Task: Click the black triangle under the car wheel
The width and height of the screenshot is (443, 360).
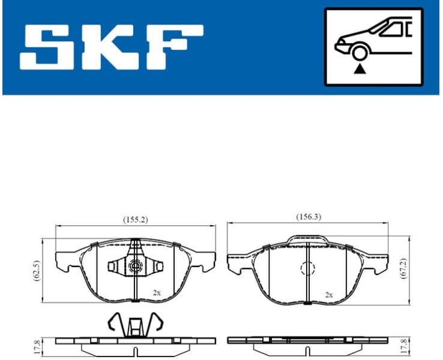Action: [x=360, y=69]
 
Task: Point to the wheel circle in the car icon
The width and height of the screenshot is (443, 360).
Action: [x=360, y=53]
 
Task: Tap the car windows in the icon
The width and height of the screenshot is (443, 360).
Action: [x=394, y=28]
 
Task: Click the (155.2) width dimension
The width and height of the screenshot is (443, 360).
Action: [x=135, y=220]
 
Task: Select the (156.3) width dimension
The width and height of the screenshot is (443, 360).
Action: [x=308, y=217]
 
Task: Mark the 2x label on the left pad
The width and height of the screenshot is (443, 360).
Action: [x=157, y=293]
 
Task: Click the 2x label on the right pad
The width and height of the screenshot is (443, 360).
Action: [x=328, y=295]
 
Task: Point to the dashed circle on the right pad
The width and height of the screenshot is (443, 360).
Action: [x=307, y=270]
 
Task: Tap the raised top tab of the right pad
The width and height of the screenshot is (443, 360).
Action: [x=307, y=240]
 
